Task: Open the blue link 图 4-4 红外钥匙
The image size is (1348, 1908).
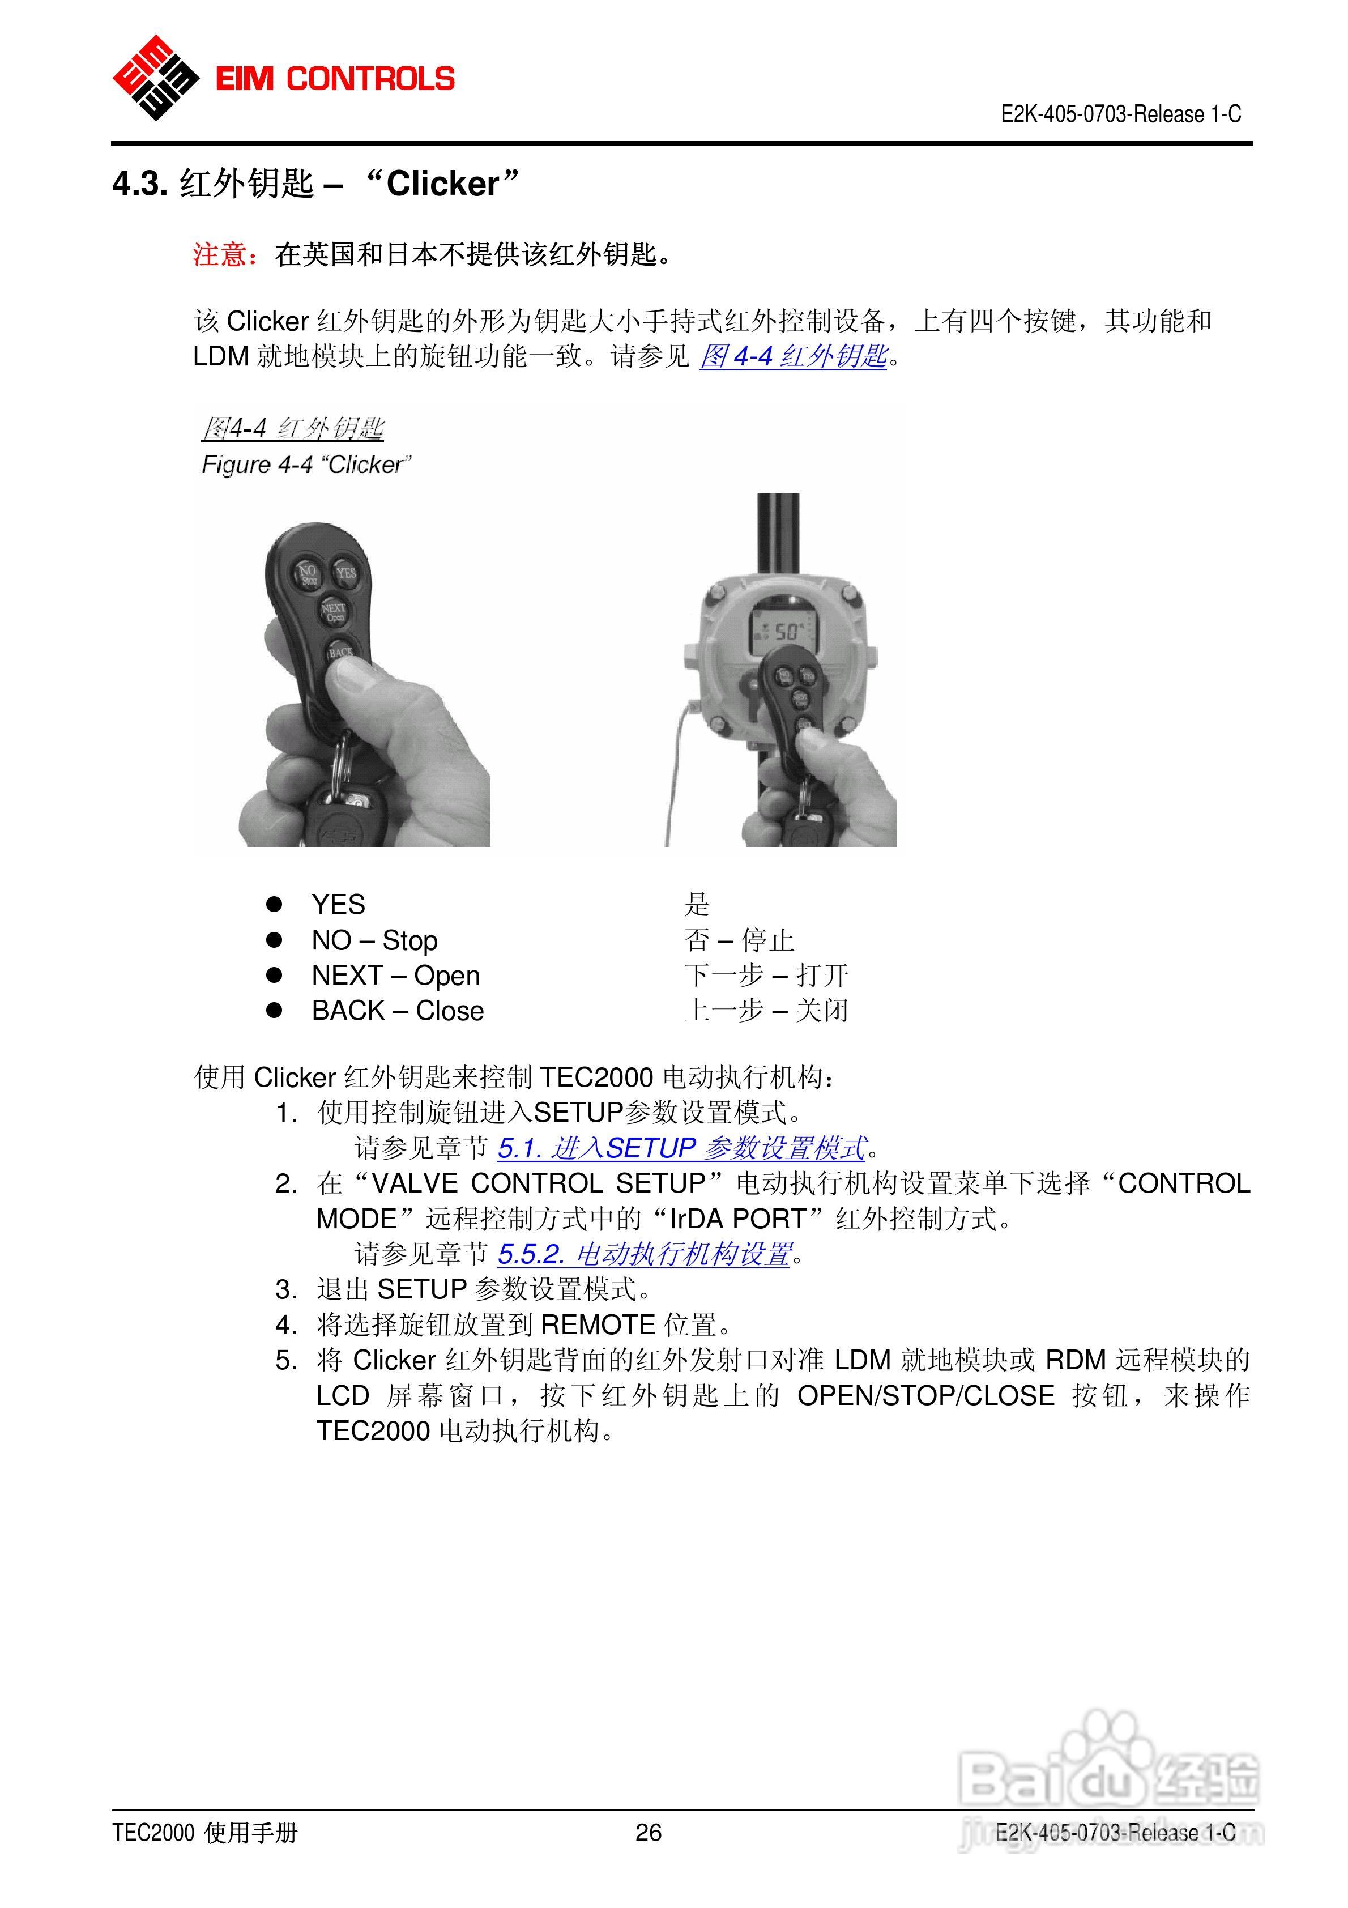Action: pos(793,356)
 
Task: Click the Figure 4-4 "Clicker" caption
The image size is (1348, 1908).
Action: pos(306,465)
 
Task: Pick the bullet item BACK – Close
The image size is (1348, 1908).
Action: pos(397,1011)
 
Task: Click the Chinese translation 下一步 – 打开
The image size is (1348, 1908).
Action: pos(765,975)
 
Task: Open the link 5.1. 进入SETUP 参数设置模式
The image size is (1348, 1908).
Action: pos(681,1148)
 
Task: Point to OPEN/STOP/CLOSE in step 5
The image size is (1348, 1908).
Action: pos(925,1395)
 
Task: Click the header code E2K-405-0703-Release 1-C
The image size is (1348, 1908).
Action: pos(1120,114)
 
